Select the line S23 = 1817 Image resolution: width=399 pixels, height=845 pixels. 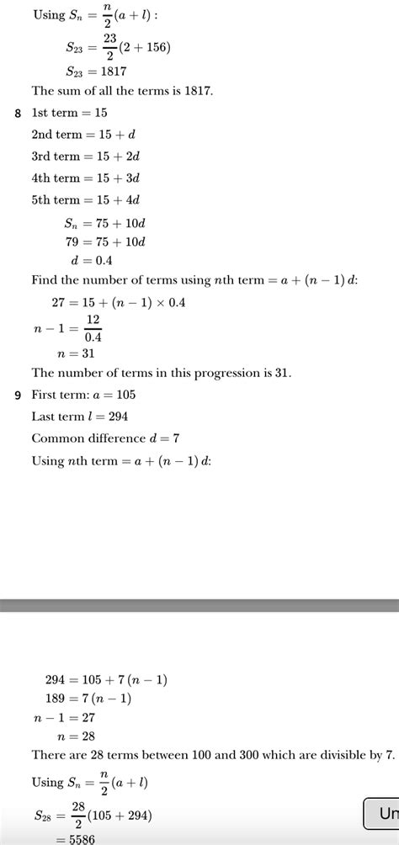click(x=96, y=71)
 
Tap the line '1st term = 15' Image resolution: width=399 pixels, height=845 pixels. click(x=69, y=113)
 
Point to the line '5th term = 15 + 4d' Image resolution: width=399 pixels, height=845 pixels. click(x=85, y=200)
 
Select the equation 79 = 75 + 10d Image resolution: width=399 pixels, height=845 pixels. click(x=105, y=242)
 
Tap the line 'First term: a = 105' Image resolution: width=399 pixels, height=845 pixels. click(x=83, y=395)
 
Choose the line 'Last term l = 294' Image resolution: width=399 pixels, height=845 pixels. click(x=79, y=417)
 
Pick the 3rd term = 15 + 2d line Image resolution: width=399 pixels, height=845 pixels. click(x=85, y=157)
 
